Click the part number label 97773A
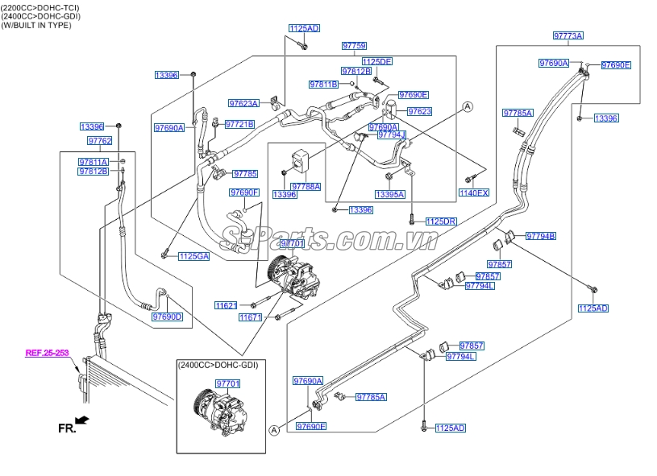(x=568, y=35)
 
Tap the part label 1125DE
(x=376, y=61)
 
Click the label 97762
(x=99, y=141)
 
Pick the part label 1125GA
(x=193, y=256)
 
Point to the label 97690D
(x=167, y=317)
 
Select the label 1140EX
(x=473, y=192)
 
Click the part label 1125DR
(x=440, y=221)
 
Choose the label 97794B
(x=541, y=236)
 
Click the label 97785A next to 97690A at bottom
(x=371, y=397)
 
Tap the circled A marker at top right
(x=467, y=106)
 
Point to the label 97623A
(x=243, y=103)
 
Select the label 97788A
(x=306, y=186)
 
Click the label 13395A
(x=389, y=194)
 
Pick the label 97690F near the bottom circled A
(x=310, y=425)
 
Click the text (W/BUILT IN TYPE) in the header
(x=36, y=25)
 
